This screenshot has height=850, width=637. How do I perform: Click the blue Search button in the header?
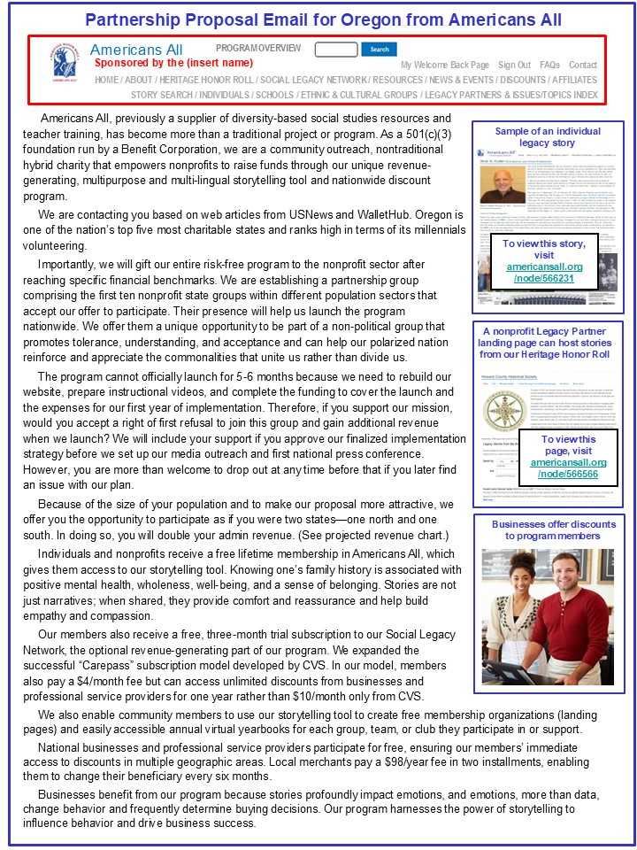[379, 50]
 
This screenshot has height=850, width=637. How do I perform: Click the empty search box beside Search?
[336, 50]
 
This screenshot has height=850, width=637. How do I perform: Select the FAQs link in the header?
[549, 65]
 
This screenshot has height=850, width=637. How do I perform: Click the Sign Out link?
[514, 65]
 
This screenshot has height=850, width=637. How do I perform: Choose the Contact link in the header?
[583, 65]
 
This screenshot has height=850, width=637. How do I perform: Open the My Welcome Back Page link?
[444, 65]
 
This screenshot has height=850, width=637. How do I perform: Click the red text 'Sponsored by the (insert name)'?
[173, 63]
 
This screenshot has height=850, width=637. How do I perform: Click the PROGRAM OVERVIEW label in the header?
[258, 49]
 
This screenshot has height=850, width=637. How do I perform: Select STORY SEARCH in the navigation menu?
[162, 95]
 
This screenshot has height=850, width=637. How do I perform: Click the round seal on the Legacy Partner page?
[497, 410]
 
